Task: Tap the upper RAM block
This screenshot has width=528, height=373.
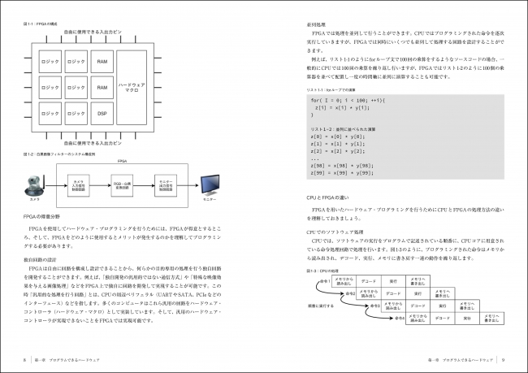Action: pyautogui.click(x=102, y=61)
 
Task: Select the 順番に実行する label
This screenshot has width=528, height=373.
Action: pyautogui.click(x=321, y=306)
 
